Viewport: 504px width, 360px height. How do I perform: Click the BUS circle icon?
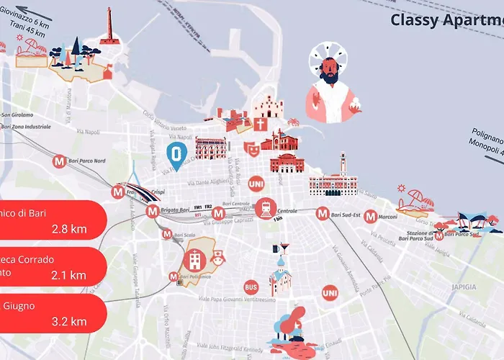point(251,287)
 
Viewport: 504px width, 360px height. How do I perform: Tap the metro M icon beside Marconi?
point(370,216)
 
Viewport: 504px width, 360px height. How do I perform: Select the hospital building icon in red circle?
point(194,260)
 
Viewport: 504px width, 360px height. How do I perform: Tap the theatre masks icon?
point(251,148)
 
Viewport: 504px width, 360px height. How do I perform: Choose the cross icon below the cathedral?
point(259,124)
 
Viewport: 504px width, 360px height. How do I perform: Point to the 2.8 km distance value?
point(69,230)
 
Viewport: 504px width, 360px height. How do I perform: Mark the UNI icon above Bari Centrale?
point(256,184)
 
